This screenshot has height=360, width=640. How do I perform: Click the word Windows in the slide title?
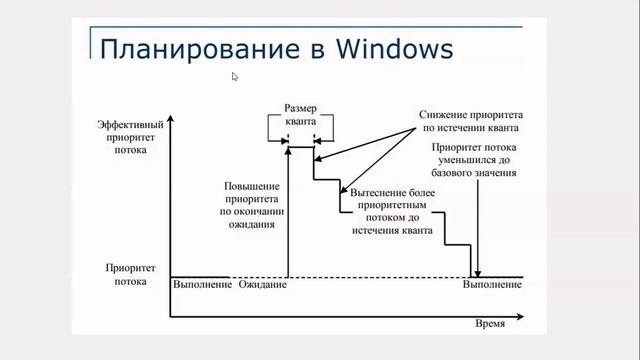pos(392,47)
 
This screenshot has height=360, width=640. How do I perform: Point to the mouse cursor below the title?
pos(235,76)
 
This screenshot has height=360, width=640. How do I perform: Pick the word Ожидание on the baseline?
pos(263,286)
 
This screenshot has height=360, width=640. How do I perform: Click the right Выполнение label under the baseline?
pos(491,286)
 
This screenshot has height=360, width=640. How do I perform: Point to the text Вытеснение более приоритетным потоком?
pos(391,210)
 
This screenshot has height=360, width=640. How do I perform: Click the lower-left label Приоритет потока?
pos(125,275)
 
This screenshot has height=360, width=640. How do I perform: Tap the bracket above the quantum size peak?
pos(301,127)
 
